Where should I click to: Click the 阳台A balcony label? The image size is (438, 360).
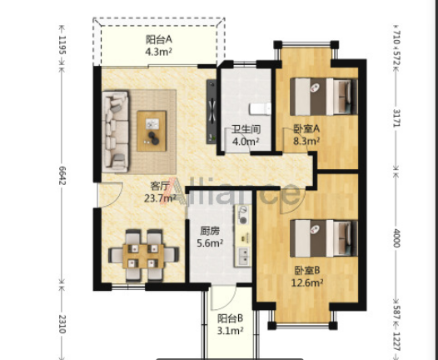tap(159, 40)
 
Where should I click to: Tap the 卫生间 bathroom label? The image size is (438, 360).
tap(246, 129)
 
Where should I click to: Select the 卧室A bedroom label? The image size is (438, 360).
tap(306, 128)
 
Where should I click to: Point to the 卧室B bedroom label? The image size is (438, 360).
tap(307, 270)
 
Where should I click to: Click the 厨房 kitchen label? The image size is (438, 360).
tap(210, 231)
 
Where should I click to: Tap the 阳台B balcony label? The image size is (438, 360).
tap(231, 318)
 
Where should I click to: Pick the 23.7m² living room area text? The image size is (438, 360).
tap(160, 197)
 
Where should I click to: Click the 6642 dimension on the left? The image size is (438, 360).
tap(62, 175)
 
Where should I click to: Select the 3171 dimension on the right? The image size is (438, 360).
tap(396, 117)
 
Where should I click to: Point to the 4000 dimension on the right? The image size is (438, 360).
tap(396, 237)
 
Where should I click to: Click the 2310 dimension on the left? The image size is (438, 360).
tap(62, 324)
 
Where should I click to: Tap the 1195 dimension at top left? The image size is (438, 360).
tap(62, 45)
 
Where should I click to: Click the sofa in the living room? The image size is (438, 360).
tap(116, 131)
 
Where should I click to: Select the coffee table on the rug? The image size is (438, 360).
tap(152, 131)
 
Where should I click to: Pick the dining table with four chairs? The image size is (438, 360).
tap(143, 256)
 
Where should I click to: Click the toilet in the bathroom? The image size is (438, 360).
tap(260, 108)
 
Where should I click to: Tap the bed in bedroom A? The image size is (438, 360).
tap(324, 97)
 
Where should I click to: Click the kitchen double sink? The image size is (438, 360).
tap(243, 257)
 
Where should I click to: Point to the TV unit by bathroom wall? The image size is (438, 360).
tap(212, 112)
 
